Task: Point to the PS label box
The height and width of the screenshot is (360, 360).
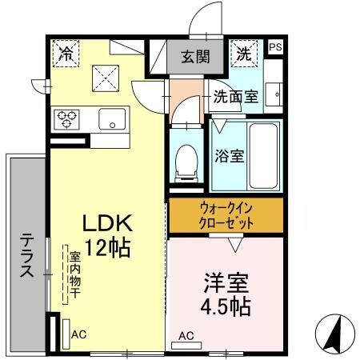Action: point(275,47)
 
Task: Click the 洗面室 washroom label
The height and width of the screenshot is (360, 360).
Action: point(235,98)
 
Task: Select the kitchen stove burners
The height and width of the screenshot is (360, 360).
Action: point(66,119)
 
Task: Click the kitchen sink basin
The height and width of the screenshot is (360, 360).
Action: point(111,119)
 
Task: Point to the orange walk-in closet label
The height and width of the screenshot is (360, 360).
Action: point(226,213)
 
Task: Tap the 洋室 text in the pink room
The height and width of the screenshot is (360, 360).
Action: point(226,282)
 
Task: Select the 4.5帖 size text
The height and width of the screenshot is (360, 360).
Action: point(226,307)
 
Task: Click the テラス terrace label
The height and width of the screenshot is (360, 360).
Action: point(27,254)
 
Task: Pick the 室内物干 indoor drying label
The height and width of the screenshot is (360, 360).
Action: point(74,273)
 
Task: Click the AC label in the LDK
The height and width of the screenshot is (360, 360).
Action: point(78,334)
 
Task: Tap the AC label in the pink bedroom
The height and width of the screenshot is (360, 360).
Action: point(186,335)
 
